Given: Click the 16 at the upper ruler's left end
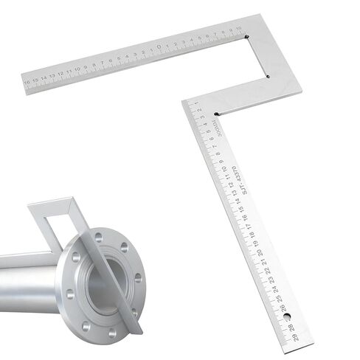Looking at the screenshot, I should click(x=27, y=82).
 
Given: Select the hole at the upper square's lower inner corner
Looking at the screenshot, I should click(x=269, y=75).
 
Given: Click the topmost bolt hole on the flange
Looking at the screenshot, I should click(x=99, y=237).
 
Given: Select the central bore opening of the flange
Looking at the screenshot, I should click(x=105, y=284).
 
